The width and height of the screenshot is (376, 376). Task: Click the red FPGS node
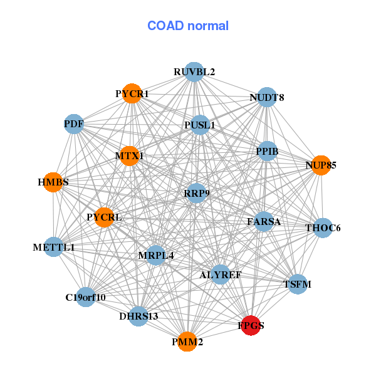tap(251, 325)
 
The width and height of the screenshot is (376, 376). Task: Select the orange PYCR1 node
tap(132, 94)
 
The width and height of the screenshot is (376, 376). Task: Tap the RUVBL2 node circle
tap(194, 72)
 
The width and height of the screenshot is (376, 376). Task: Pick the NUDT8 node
tap(267, 97)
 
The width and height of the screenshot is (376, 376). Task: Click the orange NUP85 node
tap(321, 165)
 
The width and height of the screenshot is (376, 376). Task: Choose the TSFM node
tap(297, 284)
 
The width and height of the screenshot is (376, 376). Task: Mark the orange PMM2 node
tap(187, 342)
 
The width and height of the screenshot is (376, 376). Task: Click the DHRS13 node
tap(138, 316)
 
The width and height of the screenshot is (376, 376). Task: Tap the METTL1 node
tap(54, 248)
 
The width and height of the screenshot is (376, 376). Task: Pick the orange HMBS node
tap(53, 182)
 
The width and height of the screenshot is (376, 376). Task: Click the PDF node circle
tap(74, 123)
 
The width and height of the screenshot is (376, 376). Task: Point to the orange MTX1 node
tap(129, 155)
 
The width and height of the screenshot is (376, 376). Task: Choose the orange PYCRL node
tap(104, 217)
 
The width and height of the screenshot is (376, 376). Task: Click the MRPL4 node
tap(155, 255)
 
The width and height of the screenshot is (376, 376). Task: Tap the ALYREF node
tap(220, 274)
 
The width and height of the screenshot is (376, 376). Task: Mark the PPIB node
tap(267, 151)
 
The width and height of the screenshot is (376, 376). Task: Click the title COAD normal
tap(188, 26)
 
